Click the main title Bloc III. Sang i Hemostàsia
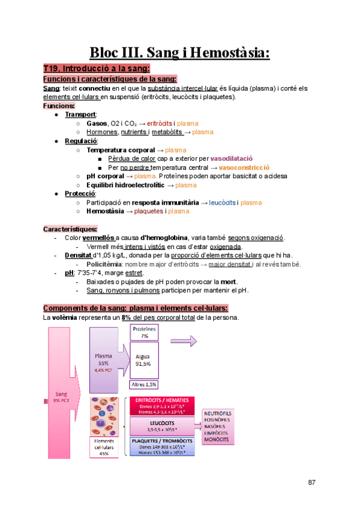[x=180, y=52]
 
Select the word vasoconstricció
[x=244, y=167]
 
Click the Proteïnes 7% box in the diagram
[x=144, y=333]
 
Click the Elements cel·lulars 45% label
[x=104, y=447]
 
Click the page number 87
[x=311, y=482]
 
